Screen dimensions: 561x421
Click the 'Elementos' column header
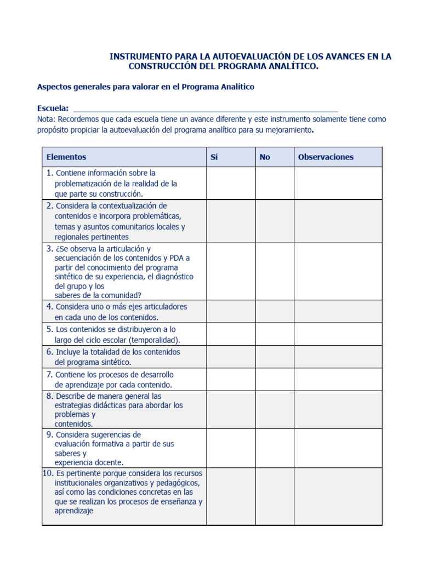(x=66, y=157)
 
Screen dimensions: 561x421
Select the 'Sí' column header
(x=214, y=157)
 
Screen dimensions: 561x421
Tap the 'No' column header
(x=265, y=157)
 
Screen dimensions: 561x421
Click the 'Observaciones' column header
(x=326, y=157)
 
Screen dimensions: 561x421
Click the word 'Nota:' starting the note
(x=46, y=119)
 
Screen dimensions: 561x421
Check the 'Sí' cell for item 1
(x=231, y=183)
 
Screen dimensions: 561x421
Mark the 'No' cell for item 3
(x=275, y=271)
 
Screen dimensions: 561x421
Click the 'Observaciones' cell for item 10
(x=338, y=496)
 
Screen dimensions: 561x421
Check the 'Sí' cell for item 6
(x=231, y=357)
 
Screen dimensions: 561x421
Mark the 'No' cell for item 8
(x=275, y=409)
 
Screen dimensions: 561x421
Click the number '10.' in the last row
(x=48, y=473)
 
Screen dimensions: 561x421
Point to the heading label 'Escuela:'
(x=53, y=108)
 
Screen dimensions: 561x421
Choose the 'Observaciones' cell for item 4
(x=338, y=311)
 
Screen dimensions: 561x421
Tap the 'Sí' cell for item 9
(x=231, y=448)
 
